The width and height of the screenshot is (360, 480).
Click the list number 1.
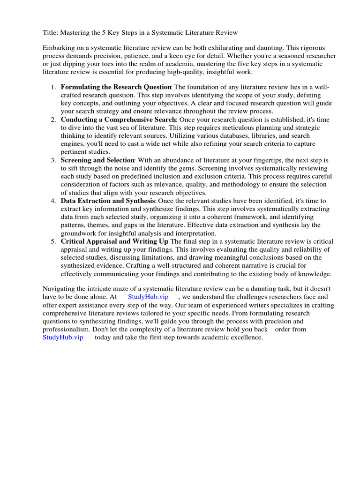point(53,88)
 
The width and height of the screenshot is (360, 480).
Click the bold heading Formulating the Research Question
point(116,88)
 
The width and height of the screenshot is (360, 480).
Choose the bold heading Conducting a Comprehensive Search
point(118,120)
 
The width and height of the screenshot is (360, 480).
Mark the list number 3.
point(53,160)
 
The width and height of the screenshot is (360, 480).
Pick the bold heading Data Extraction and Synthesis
point(107,201)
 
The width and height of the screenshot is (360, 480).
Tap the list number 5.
point(53,241)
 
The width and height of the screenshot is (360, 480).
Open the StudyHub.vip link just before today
point(63,337)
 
